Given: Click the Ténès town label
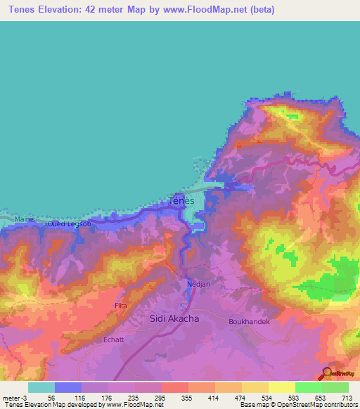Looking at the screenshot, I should coord(182,200).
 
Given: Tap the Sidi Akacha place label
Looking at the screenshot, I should coord(174,318).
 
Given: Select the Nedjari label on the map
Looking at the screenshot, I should coord(199,284).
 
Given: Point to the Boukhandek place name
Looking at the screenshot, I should coord(249,321).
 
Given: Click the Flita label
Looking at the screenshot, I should coord(121,306).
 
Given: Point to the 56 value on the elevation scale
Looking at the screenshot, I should coord(52,397).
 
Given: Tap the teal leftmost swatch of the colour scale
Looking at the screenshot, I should coord(41,387).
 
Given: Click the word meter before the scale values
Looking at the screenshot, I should coord(12,397).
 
